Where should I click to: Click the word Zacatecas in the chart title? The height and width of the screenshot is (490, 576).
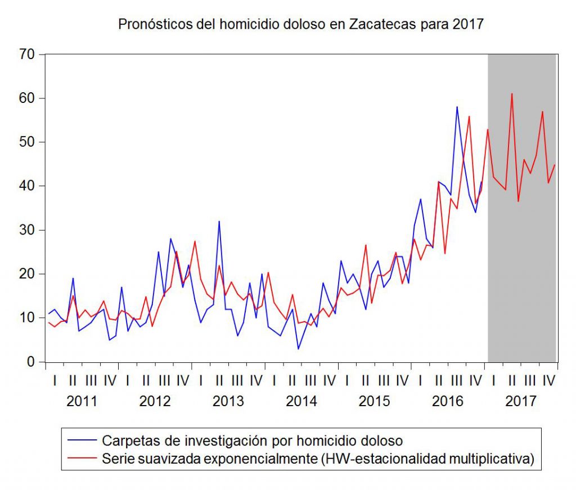(x=383, y=25)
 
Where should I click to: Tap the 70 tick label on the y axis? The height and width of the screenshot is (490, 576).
(x=28, y=55)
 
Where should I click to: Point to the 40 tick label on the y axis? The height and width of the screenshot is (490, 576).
(x=28, y=186)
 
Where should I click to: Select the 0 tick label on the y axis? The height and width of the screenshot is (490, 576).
(x=31, y=362)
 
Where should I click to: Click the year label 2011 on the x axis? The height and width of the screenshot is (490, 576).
(x=82, y=401)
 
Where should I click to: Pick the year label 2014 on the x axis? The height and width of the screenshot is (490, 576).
(x=301, y=401)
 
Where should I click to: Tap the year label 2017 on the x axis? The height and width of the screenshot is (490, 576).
(x=521, y=401)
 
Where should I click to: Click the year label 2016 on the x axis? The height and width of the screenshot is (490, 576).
(x=448, y=401)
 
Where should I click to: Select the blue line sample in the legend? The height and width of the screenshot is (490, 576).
(x=82, y=440)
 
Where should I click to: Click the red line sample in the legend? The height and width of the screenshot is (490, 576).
(x=82, y=458)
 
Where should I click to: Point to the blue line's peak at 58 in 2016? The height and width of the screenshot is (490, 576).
(x=457, y=107)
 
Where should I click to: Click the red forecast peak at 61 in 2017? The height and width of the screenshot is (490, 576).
(x=512, y=94)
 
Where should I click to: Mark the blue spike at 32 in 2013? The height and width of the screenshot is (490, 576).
(x=219, y=221)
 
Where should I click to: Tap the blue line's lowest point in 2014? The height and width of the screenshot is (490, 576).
(x=298, y=349)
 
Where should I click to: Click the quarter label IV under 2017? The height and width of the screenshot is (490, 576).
(x=548, y=381)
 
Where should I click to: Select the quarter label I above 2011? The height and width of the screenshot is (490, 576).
(x=54, y=381)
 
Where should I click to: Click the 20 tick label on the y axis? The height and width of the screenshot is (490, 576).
(x=28, y=274)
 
